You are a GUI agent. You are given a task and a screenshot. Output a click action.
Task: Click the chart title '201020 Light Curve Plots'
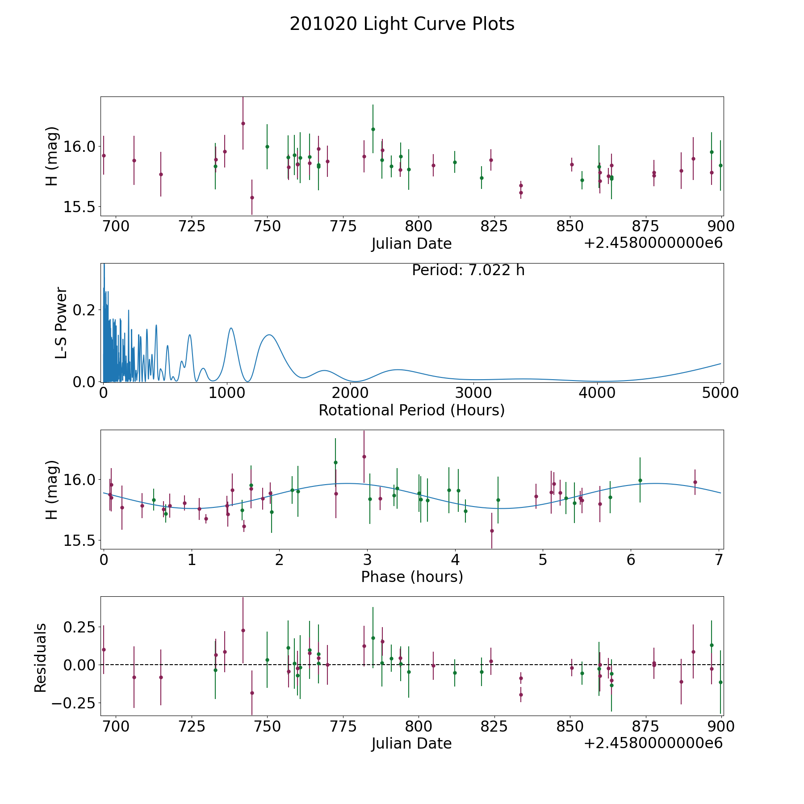coord(402,24)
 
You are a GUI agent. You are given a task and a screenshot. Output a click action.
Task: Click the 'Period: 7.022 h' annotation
coord(468,270)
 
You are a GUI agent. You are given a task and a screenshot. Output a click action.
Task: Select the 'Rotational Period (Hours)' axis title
coord(411,410)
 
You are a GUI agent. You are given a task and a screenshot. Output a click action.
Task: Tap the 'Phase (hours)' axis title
coord(411,577)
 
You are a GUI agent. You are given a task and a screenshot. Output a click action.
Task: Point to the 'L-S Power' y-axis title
coord(62,323)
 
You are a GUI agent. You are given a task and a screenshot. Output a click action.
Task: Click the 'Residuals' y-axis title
coord(41,657)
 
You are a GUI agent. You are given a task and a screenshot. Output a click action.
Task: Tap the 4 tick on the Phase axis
coord(455,560)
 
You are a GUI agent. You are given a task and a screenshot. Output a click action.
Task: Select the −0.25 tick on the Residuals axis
coord(74,703)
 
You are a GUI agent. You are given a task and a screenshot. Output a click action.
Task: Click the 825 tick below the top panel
coord(494,226)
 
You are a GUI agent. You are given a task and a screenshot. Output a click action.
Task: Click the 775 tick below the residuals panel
coord(342,727)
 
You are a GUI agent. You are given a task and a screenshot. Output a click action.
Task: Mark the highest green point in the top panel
coord(373,129)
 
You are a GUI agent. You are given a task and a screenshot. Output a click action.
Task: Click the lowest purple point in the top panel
coord(252,197)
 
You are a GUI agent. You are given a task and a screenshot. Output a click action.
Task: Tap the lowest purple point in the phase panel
coord(492,531)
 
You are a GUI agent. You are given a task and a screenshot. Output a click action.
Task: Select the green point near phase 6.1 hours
coord(640,480)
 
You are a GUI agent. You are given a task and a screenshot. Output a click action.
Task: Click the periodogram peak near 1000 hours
coord(231,328)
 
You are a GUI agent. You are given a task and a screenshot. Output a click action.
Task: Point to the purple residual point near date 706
coord(134,677)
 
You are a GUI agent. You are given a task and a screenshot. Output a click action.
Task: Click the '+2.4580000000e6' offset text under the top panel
coord(653,243)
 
